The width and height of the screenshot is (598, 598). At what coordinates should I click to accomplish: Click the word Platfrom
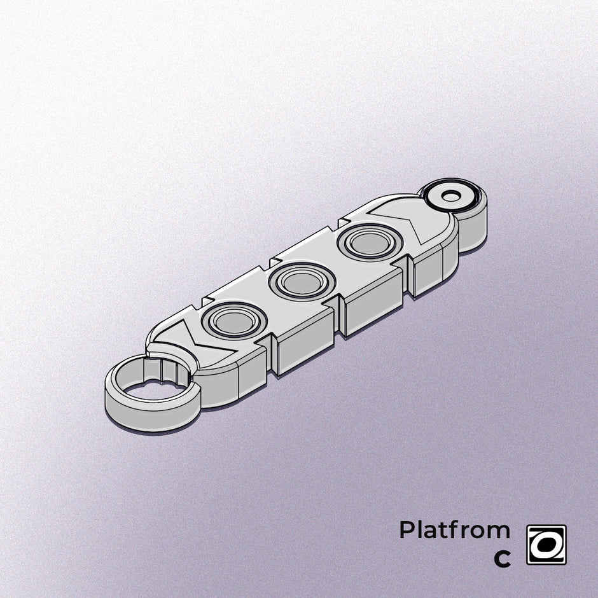coord(454,530)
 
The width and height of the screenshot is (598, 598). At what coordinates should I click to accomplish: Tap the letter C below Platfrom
coord(502,559)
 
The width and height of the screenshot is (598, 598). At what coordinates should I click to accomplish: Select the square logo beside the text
coord(546,545)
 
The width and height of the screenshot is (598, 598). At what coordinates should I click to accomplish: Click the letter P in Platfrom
coord(406,530)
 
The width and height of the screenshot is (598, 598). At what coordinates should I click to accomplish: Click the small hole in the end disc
coord(450,196)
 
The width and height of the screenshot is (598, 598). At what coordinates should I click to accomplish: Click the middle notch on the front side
coord(337,318)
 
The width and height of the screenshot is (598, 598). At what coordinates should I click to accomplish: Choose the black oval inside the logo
coord(546,545)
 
